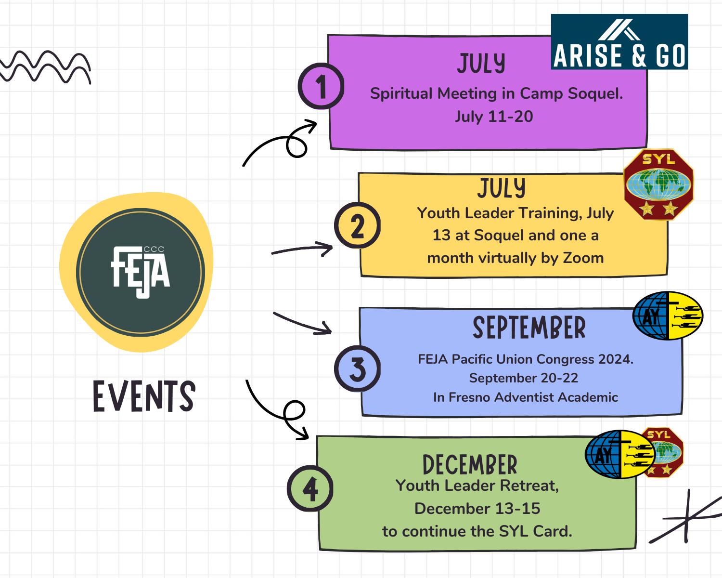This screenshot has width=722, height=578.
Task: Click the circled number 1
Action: pos(321,87)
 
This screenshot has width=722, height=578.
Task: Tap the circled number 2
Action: pos(357,225)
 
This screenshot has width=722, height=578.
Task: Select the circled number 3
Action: pos(357,369)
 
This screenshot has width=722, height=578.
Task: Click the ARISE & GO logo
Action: pos(619,42)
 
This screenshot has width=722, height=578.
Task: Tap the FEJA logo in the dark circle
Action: pos(141,272)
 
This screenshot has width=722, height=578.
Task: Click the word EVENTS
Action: pos(144,396)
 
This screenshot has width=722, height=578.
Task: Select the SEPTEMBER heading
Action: pos(529,328)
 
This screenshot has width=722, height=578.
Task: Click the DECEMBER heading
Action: pos(470,465)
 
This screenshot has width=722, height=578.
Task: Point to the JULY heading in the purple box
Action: pos(481,64)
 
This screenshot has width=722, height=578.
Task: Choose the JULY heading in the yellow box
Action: pos(501,188)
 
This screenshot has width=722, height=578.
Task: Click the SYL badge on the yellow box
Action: pos(658,184)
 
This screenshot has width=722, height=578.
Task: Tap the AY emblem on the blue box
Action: pos(667,315)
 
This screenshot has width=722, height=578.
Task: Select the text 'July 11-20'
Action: pos(494,117)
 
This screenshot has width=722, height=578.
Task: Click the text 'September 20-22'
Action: pos(523,378)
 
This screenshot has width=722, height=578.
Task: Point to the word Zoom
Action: pos(583,258)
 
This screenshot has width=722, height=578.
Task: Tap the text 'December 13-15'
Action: pos(477,509)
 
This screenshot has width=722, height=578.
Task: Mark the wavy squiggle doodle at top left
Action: pos(46,66)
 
